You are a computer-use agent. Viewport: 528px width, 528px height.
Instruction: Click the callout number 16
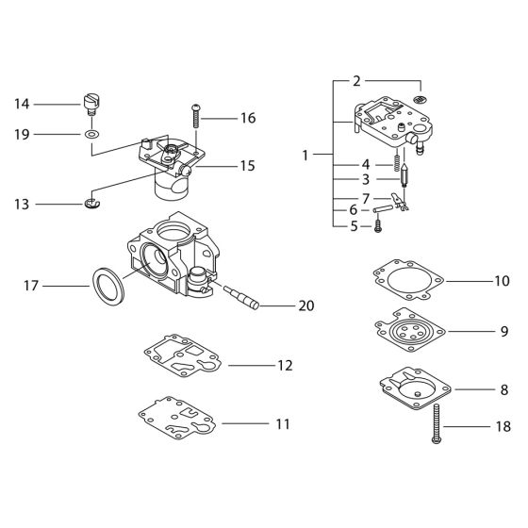coord(247,119)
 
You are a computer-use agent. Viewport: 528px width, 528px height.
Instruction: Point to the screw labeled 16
coord(196,116)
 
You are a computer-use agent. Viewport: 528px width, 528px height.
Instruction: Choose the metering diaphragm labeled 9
coord(407,331)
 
